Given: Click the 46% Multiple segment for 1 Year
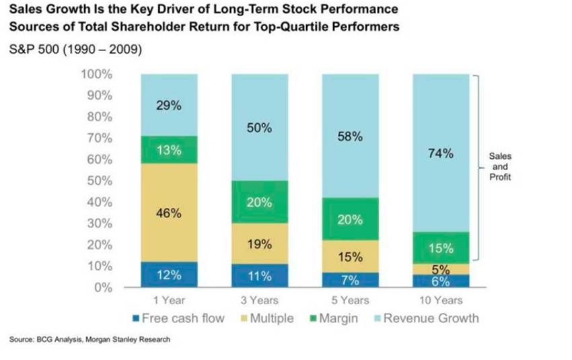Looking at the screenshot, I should (168, 213).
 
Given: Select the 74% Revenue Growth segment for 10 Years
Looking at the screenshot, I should (440, 153).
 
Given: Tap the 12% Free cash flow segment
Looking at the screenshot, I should (168, 275).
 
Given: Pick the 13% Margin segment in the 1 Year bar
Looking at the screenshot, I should (168, 149).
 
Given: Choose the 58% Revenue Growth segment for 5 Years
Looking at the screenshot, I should (350, 136).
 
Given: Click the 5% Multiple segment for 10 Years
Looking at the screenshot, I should (440, 268).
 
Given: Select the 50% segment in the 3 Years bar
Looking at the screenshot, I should (259, 128).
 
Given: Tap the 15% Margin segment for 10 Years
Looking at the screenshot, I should (440, 248).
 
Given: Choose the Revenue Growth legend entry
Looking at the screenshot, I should (425, 318).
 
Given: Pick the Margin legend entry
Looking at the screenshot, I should (332, 318).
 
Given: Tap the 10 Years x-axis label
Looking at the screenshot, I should (440, 301).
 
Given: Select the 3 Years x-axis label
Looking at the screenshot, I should (259, 301).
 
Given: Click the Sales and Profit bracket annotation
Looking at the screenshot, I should (499, 166).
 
